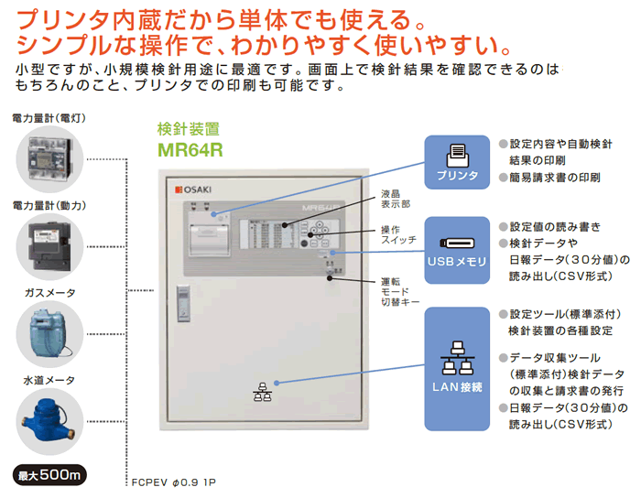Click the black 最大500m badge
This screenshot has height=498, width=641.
point(51,476)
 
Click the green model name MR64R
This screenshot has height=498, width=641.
point(190,149)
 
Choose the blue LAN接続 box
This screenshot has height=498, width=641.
point(457,366)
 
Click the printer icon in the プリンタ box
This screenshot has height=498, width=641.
point(457,154)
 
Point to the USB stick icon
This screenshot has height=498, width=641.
point(457,243)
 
